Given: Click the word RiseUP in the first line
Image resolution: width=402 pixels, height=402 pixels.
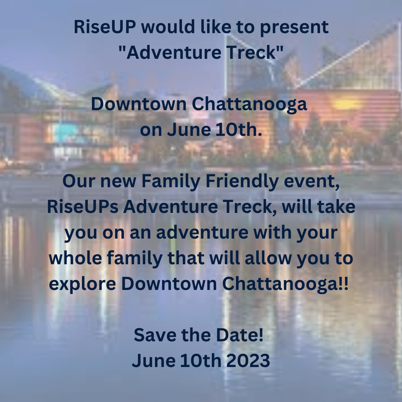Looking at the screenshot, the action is pyautogui.click(x=105, y=27).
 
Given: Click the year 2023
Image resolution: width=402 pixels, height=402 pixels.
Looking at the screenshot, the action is pyautogui.click(x=248, y=360).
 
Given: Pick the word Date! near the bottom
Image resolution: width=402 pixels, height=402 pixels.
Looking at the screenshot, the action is pyautogui.click(x=240, y=335).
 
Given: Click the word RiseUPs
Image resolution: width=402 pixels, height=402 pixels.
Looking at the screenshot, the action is pyautogui.click(x=83, y=207).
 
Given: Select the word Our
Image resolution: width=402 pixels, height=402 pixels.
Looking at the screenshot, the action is pyautogui.click(x=79, y=181).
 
